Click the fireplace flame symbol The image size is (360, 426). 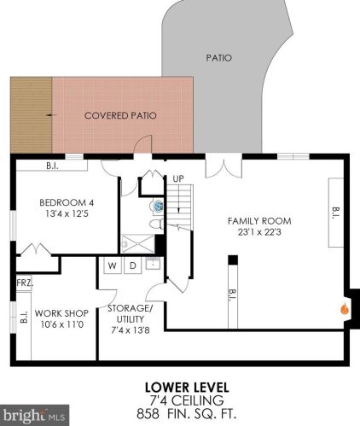[x=345, y=309]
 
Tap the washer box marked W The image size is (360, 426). [x=113, y=266]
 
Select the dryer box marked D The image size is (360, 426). [x=133, y=266]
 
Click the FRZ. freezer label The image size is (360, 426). [x=25, y=283]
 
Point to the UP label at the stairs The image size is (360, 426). [x=178, y=179]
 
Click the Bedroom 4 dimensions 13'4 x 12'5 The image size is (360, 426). [x=67, y=213]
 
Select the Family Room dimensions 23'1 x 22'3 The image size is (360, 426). [x=259, y=232]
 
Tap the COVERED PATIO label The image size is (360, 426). [x=120, y=115]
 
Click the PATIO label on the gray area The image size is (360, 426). [x=219, y=58]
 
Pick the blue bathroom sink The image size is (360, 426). [x=157, y=206]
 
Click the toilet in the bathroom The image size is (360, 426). [x=157, y=225]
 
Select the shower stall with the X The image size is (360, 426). [x=137, y=244]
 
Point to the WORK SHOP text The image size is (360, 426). [x=61, y=313]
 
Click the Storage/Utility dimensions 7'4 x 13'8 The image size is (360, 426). [x=131, y=330]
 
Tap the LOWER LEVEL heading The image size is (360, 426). [x=187, y=388]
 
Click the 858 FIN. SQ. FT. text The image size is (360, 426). [x=187, y=413]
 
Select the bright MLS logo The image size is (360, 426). [x=34, y=415]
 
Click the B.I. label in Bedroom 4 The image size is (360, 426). [x=52, y=166]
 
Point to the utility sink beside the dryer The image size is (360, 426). [x=153, y=264]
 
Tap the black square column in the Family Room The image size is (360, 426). [x=233, y=260]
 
